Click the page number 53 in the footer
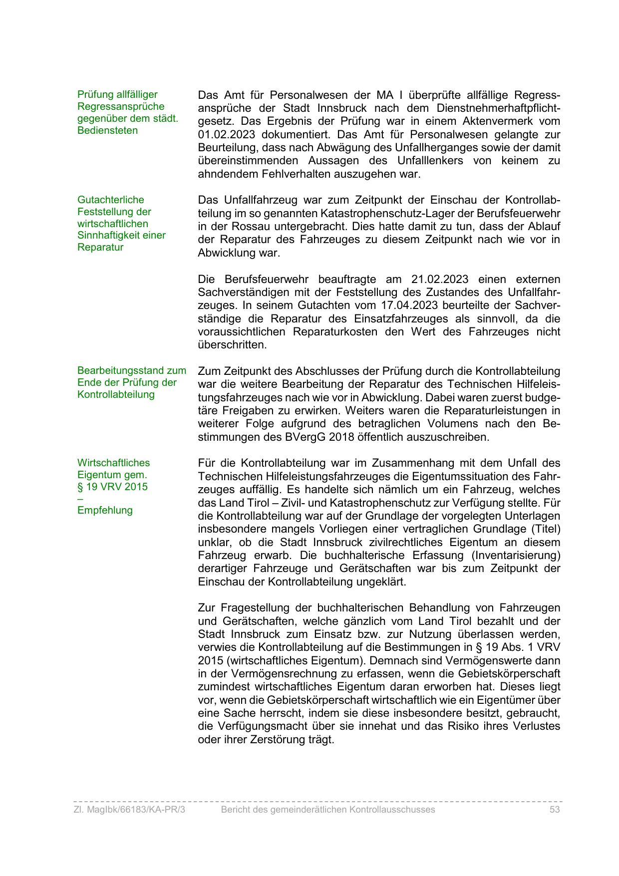click(x=554, y=810)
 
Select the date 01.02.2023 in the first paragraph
click(x=226, y=134)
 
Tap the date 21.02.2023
click(x=440, y=279)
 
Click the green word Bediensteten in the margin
click(x=107, y=130)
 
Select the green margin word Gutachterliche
click(x=110, y=200)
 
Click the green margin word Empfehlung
click(x=105, y=510)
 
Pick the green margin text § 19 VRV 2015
click(x=112, y=487)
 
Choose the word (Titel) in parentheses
click(x=545, y=529)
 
